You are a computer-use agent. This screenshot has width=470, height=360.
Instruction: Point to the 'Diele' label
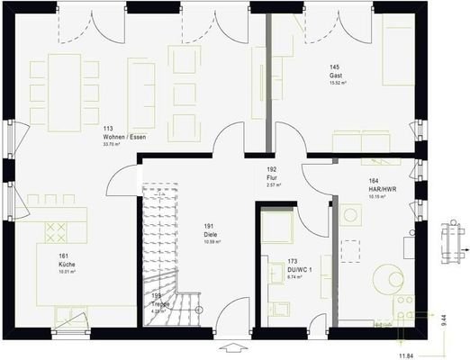coord(210,234)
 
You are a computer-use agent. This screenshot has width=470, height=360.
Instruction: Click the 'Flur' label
coord(271,177)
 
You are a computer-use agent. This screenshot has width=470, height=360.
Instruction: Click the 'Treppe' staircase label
coord(160,304)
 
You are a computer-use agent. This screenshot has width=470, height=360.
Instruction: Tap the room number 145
coord(334,67)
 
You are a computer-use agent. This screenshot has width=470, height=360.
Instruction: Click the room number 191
coord(209,226)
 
